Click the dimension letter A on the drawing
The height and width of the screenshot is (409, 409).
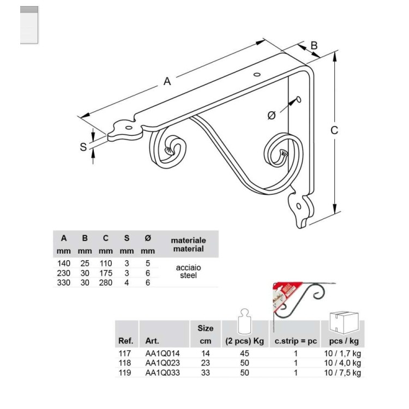click(x=167, y=81)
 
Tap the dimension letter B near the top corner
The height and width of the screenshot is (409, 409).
click(x=314, y=46)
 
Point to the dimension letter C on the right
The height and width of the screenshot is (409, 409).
click(x=334, y=130)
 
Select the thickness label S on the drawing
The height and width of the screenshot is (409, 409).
click(x=83, y=147)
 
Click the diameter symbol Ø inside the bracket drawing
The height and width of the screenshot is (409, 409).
click(x=272, y=115)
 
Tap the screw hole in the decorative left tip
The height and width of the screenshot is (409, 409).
click(x=128, y=128)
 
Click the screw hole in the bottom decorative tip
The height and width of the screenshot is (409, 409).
click(x=299, y=207)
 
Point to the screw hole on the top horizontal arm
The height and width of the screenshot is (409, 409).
click(x=257, y=75)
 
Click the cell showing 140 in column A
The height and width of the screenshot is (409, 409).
click(x=64, y=263)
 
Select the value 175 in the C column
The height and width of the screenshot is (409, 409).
click(x=106, y=273)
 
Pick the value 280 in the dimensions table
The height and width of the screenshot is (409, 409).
click(x=106, y=282)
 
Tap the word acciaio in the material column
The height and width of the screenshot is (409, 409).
click(x=188, y=268)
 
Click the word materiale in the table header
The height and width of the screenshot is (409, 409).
click(x=188, y=240)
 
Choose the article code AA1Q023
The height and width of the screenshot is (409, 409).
click(x=163, y=363)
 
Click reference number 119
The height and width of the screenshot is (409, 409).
click(x=125, y=372)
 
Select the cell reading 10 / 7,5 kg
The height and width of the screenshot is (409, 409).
click(x=342, y=373)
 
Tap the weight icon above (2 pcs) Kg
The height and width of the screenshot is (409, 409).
click(x=244, y=321)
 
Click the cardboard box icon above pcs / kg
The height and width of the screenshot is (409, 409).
click(x=344, y=322)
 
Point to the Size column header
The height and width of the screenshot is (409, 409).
click(x=206, y=328)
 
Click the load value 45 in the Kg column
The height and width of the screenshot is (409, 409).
click(x=244, y=353)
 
